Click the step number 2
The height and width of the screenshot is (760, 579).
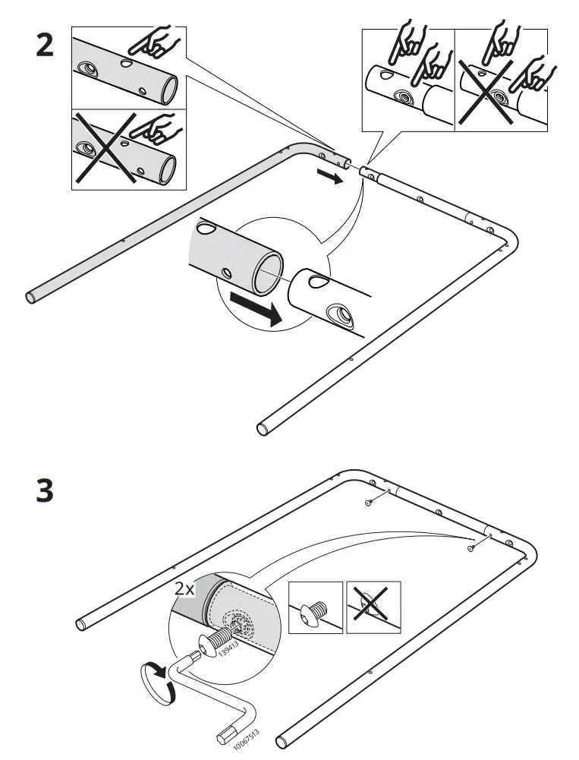point(45,45)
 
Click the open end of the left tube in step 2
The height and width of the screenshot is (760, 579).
point(31,296)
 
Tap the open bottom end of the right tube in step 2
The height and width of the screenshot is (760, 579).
point(263,430)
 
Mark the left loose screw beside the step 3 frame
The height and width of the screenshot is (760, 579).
point(368,503)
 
